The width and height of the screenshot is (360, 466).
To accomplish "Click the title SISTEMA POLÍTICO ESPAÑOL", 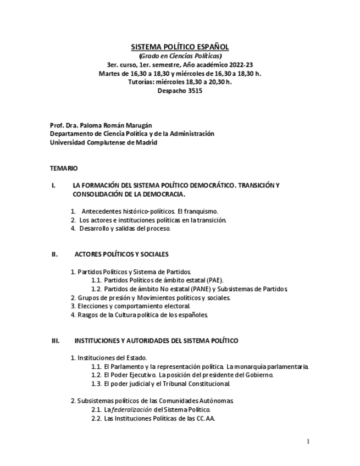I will click(x=180, y=47).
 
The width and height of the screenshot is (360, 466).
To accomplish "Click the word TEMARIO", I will click(x=64, y=168).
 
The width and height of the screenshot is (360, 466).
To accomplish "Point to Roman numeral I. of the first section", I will click(x=53, y=185).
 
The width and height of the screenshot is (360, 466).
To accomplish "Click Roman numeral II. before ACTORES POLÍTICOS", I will click(x=54, y=254).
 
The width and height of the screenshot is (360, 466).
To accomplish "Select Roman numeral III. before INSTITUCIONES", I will click(x=56, y=341).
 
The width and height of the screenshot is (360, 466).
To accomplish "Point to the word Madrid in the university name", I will click(x=146, y=142).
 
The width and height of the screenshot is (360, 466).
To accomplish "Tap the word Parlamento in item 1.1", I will click(x=130, y=366).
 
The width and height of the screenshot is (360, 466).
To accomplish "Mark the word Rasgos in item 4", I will click(x=87, y=315).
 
